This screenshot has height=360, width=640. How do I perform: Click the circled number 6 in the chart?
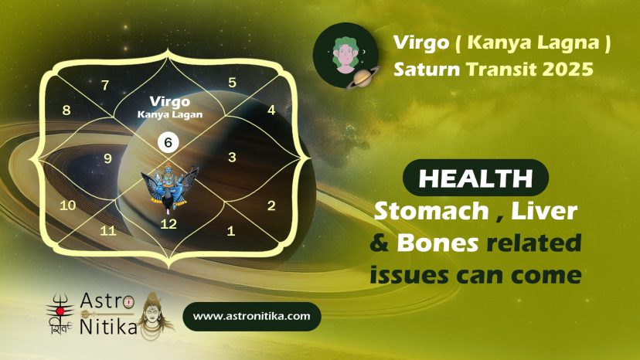pos(169,142)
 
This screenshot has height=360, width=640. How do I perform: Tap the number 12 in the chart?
pos(169,224)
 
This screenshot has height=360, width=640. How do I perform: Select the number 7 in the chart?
pos(105,85)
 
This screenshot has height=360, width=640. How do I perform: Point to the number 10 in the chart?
pos(68,205)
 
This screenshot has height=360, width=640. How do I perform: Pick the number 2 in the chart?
pos(271,205)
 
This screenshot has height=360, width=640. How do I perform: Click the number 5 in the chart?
pos(232,83)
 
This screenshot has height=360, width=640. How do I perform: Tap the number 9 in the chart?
pos(107,158)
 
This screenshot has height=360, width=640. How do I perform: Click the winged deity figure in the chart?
pos(169,188)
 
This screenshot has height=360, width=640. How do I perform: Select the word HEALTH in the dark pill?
pos(475,178)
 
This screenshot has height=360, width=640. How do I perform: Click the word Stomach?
pos(431,211)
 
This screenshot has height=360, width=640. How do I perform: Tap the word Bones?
pos(437,243)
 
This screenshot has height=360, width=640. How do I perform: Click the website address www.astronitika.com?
pos(251,316)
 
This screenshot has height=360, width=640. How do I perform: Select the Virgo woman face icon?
pos(346,55)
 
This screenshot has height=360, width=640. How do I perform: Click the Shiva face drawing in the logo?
pos(154,315)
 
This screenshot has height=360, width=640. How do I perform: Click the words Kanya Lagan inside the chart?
pos(170,114)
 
